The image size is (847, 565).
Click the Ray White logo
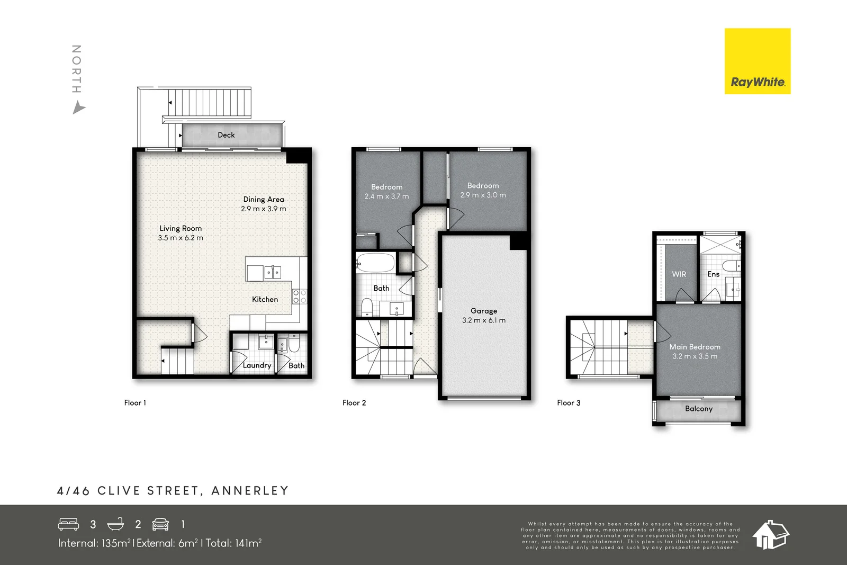pyautogui.click(x=757, y=61)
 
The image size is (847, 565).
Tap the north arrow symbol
pyautogui.click(x=78, y=109)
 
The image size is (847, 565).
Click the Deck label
pyautogui.click(x=226, y=135)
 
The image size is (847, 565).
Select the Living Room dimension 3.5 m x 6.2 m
pyautogui.click(x=181, y=238)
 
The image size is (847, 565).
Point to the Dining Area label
pyautogui.click(x=264, y=199)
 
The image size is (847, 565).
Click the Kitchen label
pyautogui.click(x=265, y=299)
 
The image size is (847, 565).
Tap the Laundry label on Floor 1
pyautogui.click(x=257, y=365)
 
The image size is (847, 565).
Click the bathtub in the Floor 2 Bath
pyautogui.click(x=375, y=263)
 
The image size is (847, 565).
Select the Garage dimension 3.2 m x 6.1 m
pyautogui.click(x=483, y=320)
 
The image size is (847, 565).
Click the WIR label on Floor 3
pyautogui.click(x=679, y=274)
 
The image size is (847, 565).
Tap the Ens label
pyautogui.click(x=713, y=274)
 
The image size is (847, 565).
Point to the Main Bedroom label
pyautogui.click(x=695, y=347)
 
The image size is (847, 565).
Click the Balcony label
pyautogui.click(x=698, y=409)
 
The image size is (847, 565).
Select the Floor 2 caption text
pyautogui.click(x=354, y=403)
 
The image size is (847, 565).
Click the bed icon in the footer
pyautogui.click(x=68, y=524)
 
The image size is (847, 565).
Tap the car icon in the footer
pyautogui.click(x=160, y=524)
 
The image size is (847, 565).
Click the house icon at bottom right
pyautogui.click(x=771, y=534)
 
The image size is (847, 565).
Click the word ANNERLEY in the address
pyautogui.click(x=250, y=491)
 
